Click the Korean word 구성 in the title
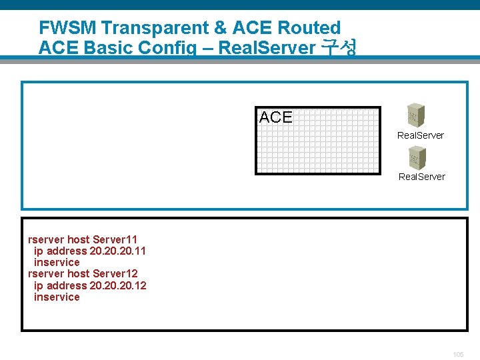pyautogui.click(x=339, y=47)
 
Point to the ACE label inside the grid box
pyautogui.click(x=275, y=117)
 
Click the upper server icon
pyautogui.click(x=417, y=115)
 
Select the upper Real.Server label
pyautogui.click(x=420, y=135)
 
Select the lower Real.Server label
pyautogui.click(x=421, y=177)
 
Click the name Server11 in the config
pyautogui.click(x=115, y=239)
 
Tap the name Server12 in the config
pyautogui.click(x=115, y=274)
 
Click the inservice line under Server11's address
pyautogui.click(x=57, y=263)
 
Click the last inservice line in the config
pyautogui.click(x=57, y=297)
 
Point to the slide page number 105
pyautogui.click(x=457, y=355)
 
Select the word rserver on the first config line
pyautogui.click(x=46, y=239)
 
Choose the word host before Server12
pyautogui.click(x=78, y=274)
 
